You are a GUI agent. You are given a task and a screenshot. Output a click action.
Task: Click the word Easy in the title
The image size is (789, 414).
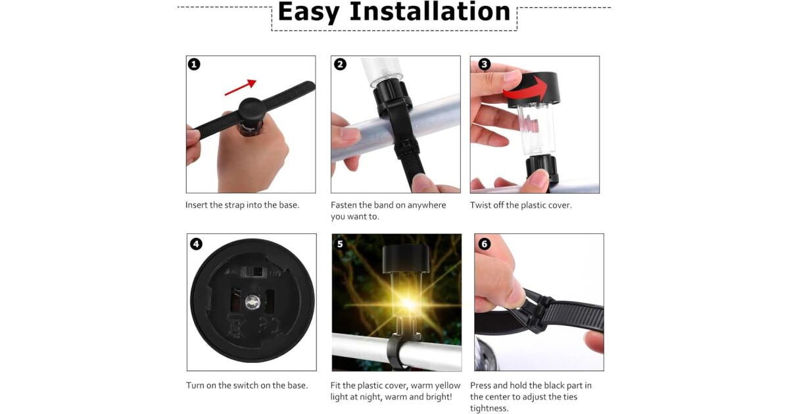(308, 12)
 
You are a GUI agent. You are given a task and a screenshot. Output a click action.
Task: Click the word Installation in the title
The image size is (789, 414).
(430, 11)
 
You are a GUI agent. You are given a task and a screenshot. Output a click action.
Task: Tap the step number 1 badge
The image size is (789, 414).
(194, 64)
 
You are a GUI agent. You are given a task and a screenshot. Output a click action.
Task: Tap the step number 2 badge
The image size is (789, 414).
(340, 64)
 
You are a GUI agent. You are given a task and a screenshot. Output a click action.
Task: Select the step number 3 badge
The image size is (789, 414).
(484, 64)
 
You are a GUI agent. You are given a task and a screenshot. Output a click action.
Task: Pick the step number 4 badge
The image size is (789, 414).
(196, 244)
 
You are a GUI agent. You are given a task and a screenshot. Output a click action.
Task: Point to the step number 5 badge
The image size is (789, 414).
(340, 244)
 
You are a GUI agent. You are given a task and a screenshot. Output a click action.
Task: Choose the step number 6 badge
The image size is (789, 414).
(485, 244)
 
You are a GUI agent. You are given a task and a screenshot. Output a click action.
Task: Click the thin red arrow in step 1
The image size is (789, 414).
(240, 87)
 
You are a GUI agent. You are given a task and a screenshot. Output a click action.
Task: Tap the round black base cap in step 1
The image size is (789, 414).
(251, 110)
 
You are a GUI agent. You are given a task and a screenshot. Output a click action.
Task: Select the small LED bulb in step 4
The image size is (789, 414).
(252, 302)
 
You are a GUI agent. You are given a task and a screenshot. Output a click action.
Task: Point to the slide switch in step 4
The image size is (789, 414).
(254, 272)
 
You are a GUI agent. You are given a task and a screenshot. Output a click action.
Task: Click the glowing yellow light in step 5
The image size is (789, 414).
(408, 303)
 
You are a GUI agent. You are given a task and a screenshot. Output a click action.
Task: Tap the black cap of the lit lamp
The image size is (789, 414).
(406, 259)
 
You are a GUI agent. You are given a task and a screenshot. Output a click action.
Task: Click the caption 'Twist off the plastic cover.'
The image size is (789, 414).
(521, 205)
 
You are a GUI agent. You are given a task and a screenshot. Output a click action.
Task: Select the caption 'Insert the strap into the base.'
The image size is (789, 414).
(243, 205)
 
